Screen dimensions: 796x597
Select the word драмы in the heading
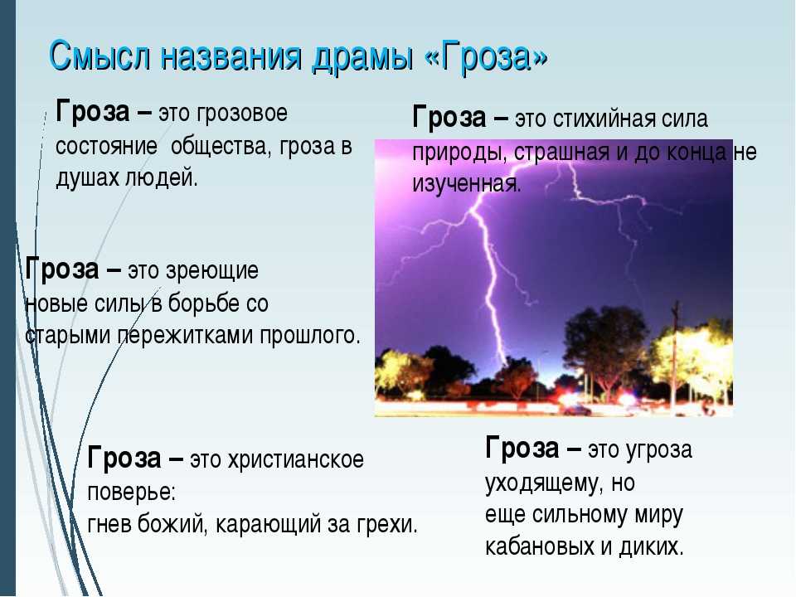[363, 57]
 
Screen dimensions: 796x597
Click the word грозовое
[241, 114]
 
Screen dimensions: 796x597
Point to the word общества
[218, 146]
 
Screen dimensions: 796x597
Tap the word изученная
[467, 184]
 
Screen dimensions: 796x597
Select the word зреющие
[219, 271]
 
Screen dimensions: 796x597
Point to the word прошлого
[309, 336]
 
